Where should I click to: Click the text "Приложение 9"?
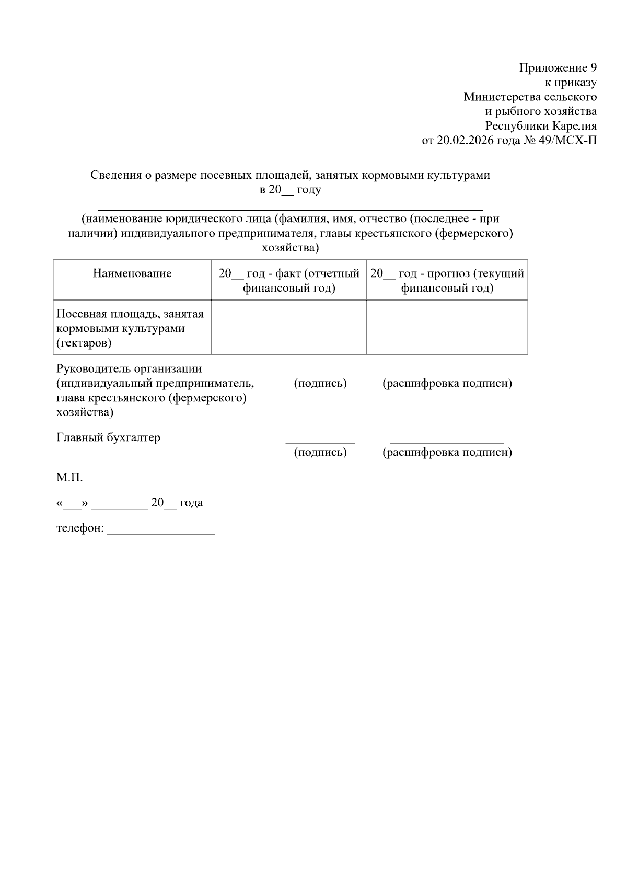(x=558, y=68)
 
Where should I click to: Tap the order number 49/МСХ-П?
(x=571, y=141)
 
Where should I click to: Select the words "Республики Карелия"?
(x=541, y=126)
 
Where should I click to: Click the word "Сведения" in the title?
(x=115, y=175)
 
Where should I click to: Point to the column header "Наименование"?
(x=132, y=273)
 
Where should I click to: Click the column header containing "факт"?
(x=289, y=281)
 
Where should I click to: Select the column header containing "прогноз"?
(x=447, y=281)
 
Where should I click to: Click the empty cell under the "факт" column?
(x=289, y=328)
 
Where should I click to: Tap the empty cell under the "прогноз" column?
(x=447, y=328)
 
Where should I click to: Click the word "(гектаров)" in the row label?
(x=84, y=343)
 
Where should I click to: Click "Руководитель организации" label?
(x=129, y=369)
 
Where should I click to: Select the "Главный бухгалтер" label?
(x=108, y=438)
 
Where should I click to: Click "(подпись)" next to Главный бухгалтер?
(x=320, y=452)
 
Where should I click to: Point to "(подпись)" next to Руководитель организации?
(x=320, y=383)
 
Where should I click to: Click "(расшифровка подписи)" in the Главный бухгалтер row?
(x=447, y=452)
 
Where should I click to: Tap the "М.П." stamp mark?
(x=69, y=478)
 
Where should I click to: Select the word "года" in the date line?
(x=191, y=503)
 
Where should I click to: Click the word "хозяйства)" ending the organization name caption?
(x=290, y=248)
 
